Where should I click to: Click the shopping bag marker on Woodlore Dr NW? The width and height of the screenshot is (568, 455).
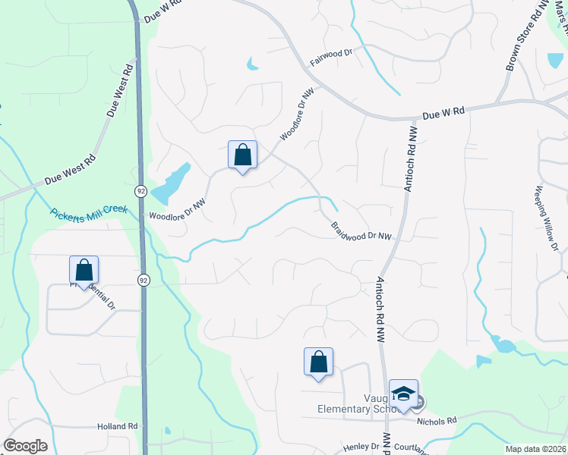click(x=242, y=155)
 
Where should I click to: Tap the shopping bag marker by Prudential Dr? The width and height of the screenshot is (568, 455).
click(x=84, y=270)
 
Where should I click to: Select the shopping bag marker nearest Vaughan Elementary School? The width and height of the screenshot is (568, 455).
click(x=318, y=362)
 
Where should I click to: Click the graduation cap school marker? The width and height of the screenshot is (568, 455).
click(x=403, y=394)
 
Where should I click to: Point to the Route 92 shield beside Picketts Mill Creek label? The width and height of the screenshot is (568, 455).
click(x=141, y=190)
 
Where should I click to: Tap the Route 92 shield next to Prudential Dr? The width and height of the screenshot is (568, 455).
click(x=143, y=280)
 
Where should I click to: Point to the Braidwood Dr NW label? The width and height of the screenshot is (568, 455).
click(x=362, y=231)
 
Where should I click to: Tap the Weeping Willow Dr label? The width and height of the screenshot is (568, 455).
click(x=547, y=219)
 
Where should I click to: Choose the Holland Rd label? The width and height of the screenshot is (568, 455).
click(x=117, y=427)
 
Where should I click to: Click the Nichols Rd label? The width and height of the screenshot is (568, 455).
click(x=437, y=420)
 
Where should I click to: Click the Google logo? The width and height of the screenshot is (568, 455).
click(x=25, y=446)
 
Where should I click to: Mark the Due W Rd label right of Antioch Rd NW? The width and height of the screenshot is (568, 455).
click(x=443, y=113)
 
